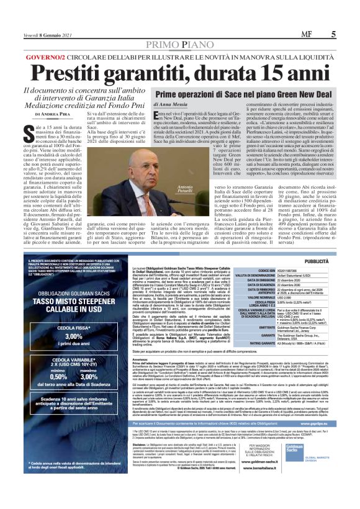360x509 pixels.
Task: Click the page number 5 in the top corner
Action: click(x=334, y=35)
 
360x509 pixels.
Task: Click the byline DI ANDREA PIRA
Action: click(x=53, y=114)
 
